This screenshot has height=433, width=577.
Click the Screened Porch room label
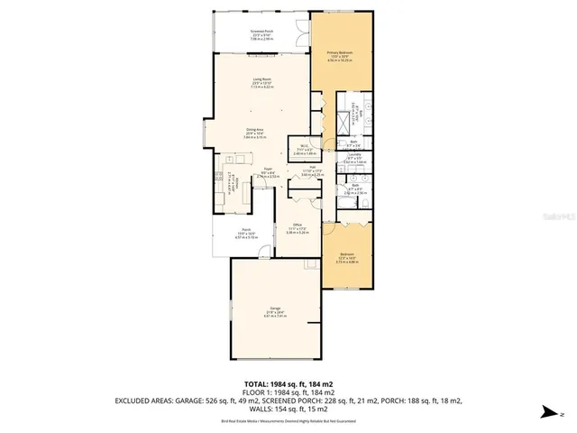[x=261, y=34]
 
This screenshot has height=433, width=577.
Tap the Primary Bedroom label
[x=340, y=57]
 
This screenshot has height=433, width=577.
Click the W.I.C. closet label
[x=298, y=152]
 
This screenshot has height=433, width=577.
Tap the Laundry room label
[x=354, y=160]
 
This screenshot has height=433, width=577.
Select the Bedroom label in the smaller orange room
[x=346, y=257]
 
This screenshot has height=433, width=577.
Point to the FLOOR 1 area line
[x=288, y=392]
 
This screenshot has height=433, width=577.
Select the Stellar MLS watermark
[x=549, y=217]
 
